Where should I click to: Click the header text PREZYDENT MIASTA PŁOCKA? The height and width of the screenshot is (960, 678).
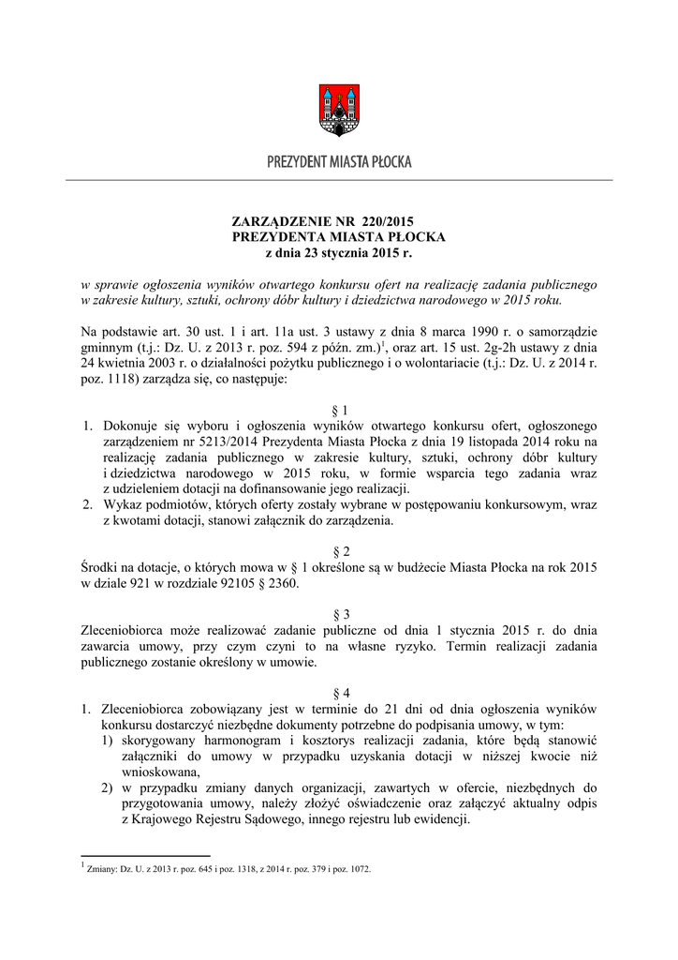[338, 162]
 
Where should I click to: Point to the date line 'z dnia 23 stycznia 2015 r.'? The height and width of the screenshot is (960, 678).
[338, 252]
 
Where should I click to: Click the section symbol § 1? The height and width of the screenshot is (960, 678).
[339, 411]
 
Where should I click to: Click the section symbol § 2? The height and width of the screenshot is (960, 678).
[339, 552]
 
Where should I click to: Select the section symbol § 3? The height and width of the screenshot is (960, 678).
[339, 613]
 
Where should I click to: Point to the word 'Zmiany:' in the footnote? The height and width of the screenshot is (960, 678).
[101, 870]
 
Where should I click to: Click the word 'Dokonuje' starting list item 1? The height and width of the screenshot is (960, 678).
[131, 427]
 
